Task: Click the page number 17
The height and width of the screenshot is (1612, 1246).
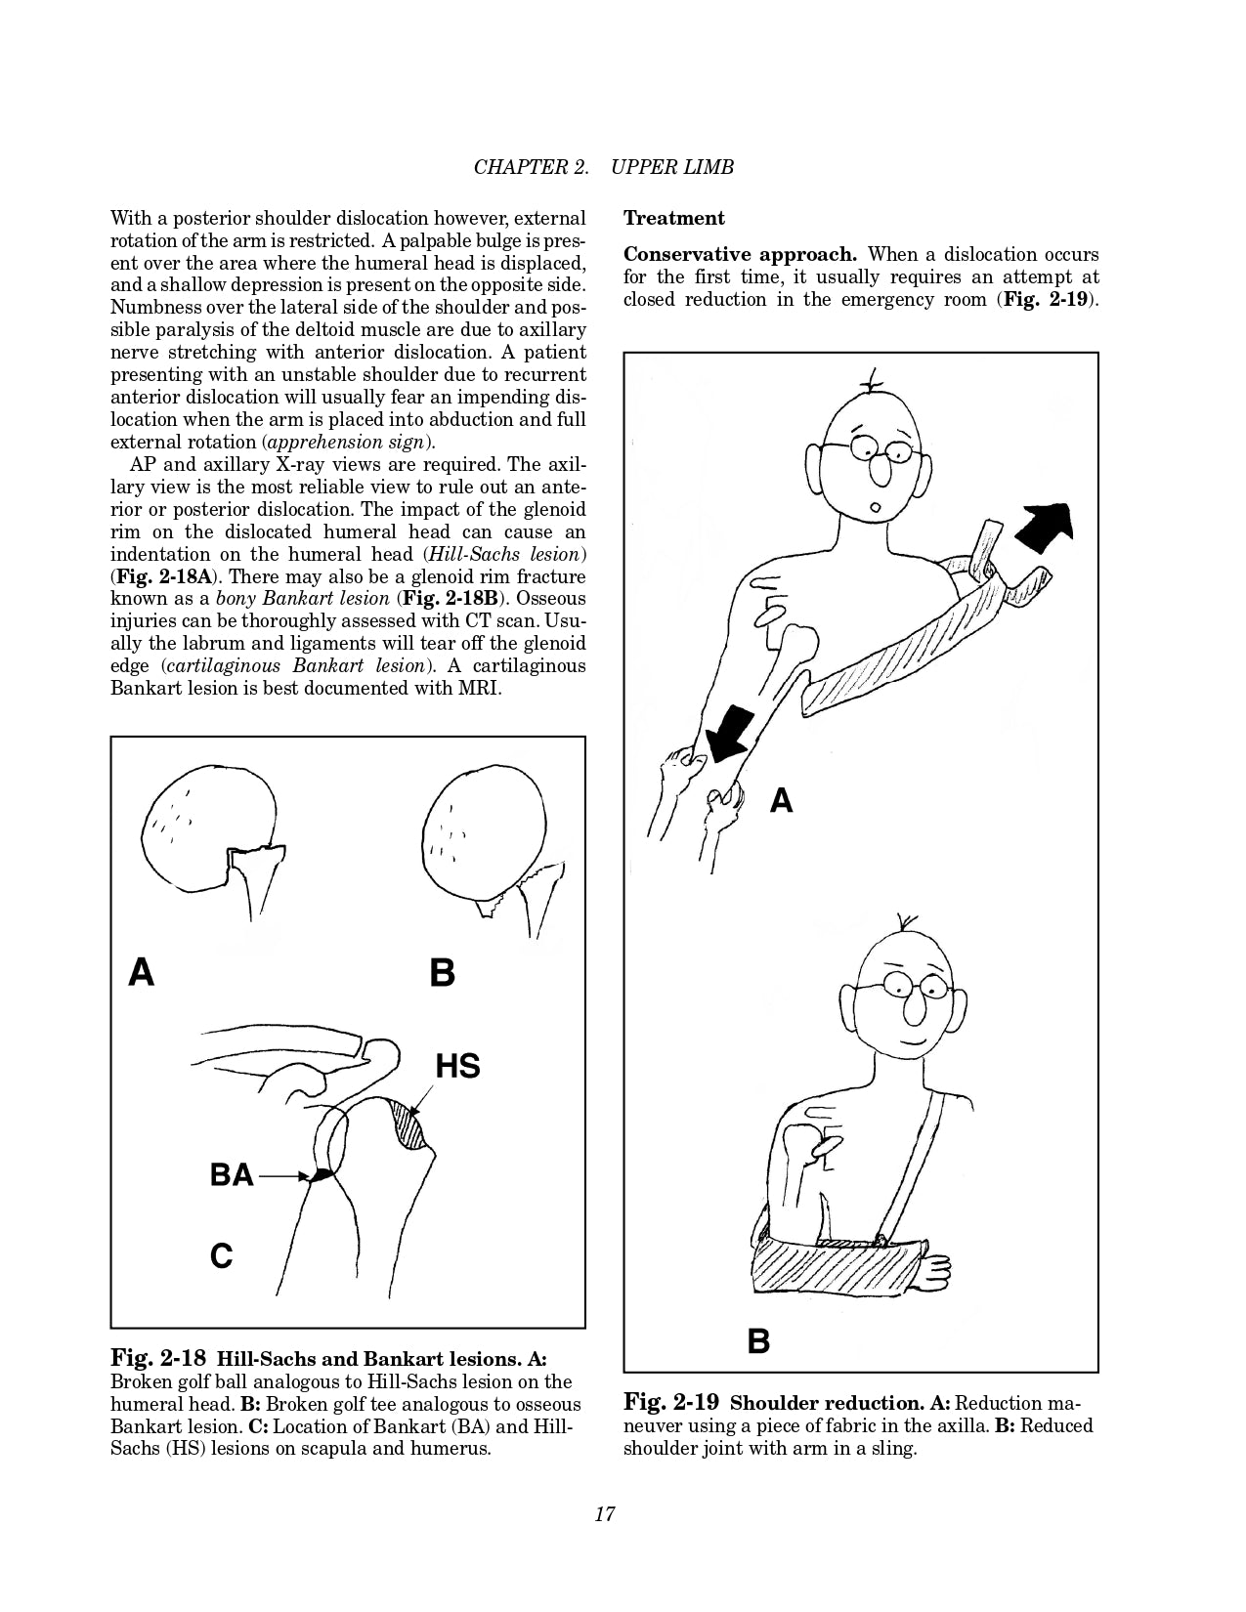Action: pos(604,1514)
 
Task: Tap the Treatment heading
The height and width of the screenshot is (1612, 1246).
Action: pos(674,218)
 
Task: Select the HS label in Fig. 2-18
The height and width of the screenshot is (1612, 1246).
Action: pos(457,1065)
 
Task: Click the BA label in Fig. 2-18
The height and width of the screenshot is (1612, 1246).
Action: pos(232,1174)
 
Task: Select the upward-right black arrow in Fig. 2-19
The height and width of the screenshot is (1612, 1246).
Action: pos(1046,528)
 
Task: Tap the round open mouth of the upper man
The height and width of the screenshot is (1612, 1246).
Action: pos(877,507)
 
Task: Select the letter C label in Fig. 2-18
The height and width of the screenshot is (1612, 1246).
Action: pos(222,1254)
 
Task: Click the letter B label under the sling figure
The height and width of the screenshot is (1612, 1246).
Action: pos(758,1340)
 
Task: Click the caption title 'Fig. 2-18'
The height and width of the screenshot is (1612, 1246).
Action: pos(158,1358)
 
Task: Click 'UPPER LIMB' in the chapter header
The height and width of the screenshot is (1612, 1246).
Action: pos(672,167)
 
